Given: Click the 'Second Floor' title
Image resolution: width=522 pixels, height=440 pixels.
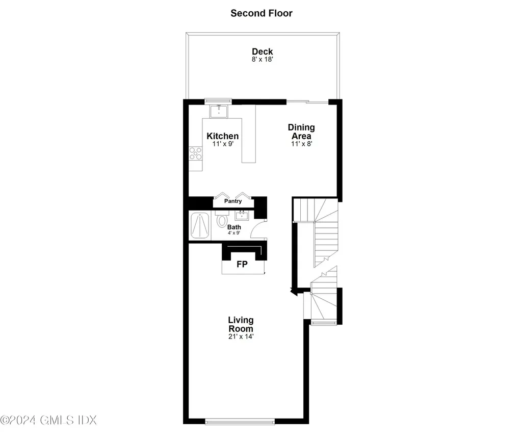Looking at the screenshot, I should click(261, 13).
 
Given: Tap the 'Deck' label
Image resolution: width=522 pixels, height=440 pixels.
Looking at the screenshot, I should click(262, 51).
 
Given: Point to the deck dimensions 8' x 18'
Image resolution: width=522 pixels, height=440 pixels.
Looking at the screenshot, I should click(262, 60).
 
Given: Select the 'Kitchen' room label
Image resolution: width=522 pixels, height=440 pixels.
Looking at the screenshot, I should click(222, 136).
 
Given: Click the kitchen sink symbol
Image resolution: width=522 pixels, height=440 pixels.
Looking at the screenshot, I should click(219, 111).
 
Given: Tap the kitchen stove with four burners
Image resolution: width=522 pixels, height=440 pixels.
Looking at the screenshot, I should click(195, 153).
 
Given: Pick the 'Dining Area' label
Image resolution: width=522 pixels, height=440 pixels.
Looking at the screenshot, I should click(301, 132).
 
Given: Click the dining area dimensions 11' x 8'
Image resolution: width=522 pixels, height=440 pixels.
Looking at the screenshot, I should click(301, 144).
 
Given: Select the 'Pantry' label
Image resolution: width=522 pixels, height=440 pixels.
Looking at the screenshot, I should click(233, 201).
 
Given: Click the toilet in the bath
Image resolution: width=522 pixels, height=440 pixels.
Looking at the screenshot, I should click(221, 221).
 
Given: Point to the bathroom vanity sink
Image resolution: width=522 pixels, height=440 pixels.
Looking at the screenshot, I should click(242, 215).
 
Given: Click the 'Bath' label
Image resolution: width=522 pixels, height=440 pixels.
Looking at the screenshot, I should click(234, 227).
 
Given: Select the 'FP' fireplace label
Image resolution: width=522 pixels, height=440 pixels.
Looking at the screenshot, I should click(243, 265).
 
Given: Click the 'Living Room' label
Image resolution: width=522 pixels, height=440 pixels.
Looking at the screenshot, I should click(240, 324).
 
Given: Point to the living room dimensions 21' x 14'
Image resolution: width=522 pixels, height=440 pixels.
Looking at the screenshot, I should click(240, 337).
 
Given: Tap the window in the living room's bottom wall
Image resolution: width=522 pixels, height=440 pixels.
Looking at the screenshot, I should click(240, 422).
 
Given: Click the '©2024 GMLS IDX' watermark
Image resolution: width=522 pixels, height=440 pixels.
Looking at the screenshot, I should click(48, 421).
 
